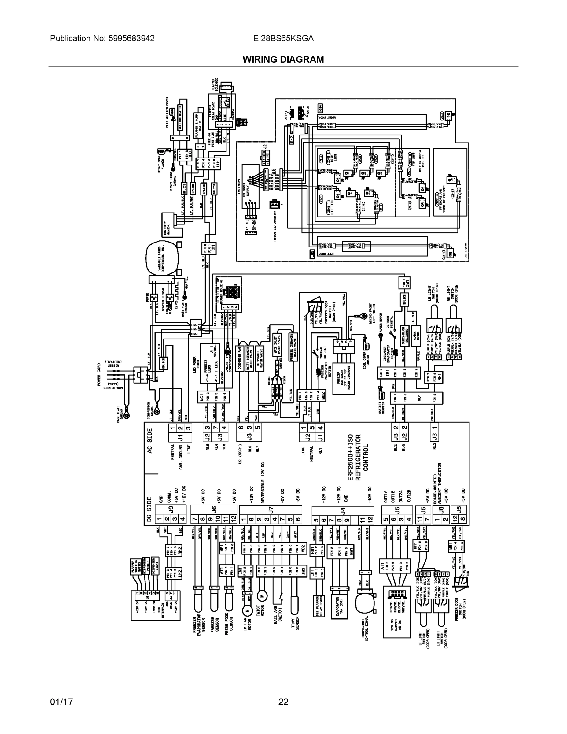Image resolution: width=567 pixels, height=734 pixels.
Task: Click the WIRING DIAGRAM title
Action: [x=283, y=60]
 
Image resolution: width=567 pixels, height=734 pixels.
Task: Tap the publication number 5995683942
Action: [x=131, y=38]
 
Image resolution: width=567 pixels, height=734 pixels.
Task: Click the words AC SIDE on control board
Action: [x=150, y=441]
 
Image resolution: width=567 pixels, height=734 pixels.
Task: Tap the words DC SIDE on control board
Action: [x=150, y=509]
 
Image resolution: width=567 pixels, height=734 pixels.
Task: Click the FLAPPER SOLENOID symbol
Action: [x=228, y=86]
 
